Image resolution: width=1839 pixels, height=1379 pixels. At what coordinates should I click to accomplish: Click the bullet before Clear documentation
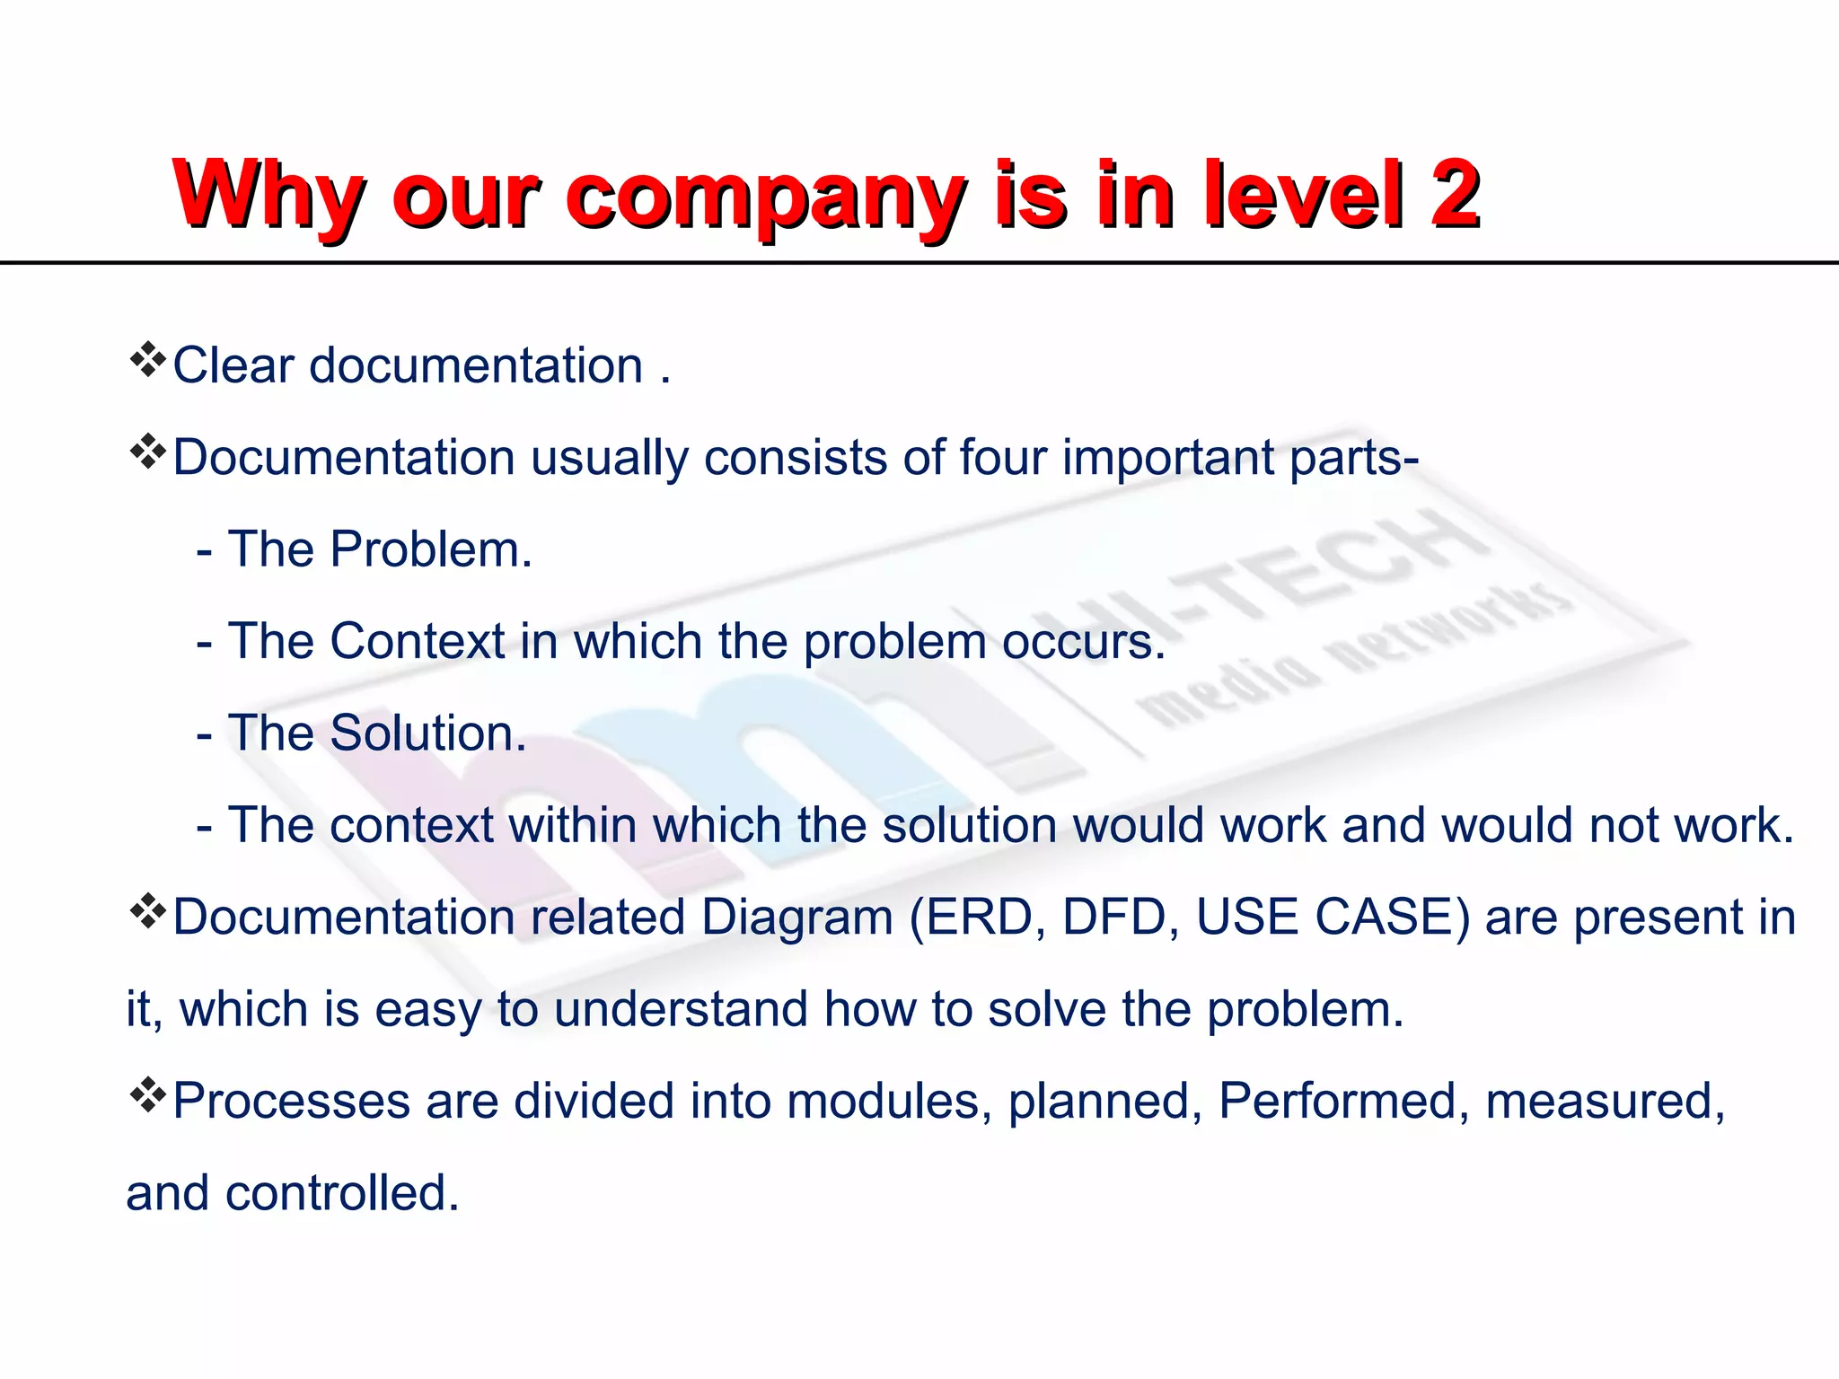pos(147,361)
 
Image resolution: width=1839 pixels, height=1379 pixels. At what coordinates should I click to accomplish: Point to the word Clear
pos(233,366)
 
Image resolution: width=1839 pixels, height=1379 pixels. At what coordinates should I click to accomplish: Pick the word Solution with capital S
pos(427,733)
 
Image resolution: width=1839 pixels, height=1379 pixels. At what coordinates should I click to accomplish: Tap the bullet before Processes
pos(147,1096)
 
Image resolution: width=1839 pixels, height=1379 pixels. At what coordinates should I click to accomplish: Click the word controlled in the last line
pos(341,1194)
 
